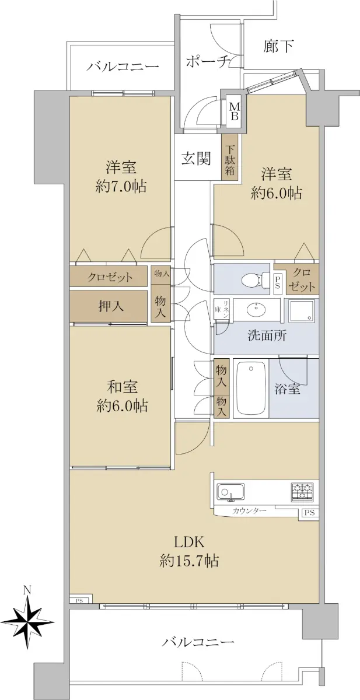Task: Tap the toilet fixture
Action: tap(256, 279)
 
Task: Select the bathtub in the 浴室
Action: tap(251, 388)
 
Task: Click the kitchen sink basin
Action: tap(230, 492)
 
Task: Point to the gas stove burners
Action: tap(302, 492)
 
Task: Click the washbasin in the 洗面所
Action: tap(256, 310)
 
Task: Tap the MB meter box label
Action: tap(235, 112)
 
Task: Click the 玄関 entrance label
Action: tap(197, 159)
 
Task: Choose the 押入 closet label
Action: tap(111, 306)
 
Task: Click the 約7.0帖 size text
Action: tap(121, 187)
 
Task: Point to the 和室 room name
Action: tap(122, 387)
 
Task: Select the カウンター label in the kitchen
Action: tap(249, 512)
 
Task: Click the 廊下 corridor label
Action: tap(278, 47)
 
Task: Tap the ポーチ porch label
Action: tap(208, 62)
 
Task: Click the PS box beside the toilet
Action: tap(278, 283)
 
